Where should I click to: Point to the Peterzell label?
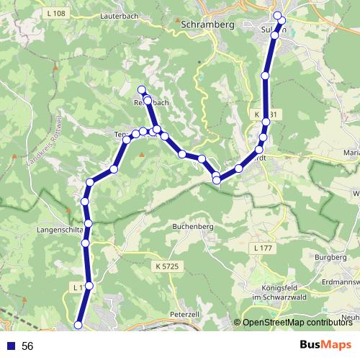click(x=184, y=315)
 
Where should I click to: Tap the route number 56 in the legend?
click(x=27, y=346)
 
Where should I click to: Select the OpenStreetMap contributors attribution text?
click(x=297, y=323)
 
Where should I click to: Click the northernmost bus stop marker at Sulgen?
click(x=277, y=15)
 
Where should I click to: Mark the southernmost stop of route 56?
click(x=78, y=326)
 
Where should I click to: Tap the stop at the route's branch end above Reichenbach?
click(x=142, y=89)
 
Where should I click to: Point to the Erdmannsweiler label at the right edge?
click(x=341, y=282)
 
